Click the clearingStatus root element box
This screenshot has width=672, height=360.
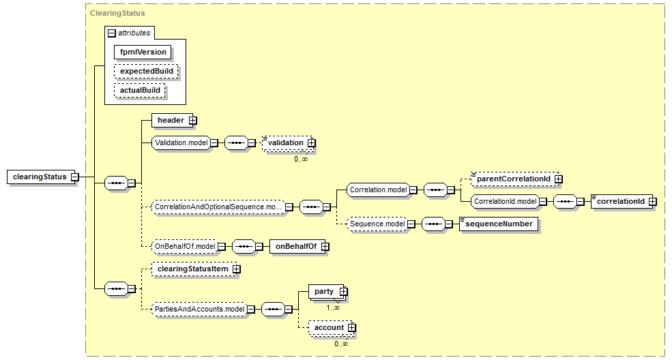[40, 177]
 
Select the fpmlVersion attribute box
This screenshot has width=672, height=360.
[142, 51]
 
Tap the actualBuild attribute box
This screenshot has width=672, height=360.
[141, 90]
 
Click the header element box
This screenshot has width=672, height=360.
[171, 121]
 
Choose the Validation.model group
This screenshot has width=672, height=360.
[180, 142]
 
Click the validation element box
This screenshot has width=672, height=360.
[285, 142]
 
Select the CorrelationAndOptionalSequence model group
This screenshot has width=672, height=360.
[218, 206]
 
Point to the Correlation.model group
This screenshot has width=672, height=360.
[377, 189]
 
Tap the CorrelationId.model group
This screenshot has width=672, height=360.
[505, 201]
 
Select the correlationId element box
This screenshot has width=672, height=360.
[621, 201]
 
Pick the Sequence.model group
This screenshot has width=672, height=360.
[377, 224]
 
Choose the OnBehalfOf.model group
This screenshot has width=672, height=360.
[186, 246]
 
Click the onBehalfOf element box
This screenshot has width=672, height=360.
[294, 246]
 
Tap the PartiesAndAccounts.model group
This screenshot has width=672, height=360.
[199, 310]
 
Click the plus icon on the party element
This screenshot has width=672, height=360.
[343, 292]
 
